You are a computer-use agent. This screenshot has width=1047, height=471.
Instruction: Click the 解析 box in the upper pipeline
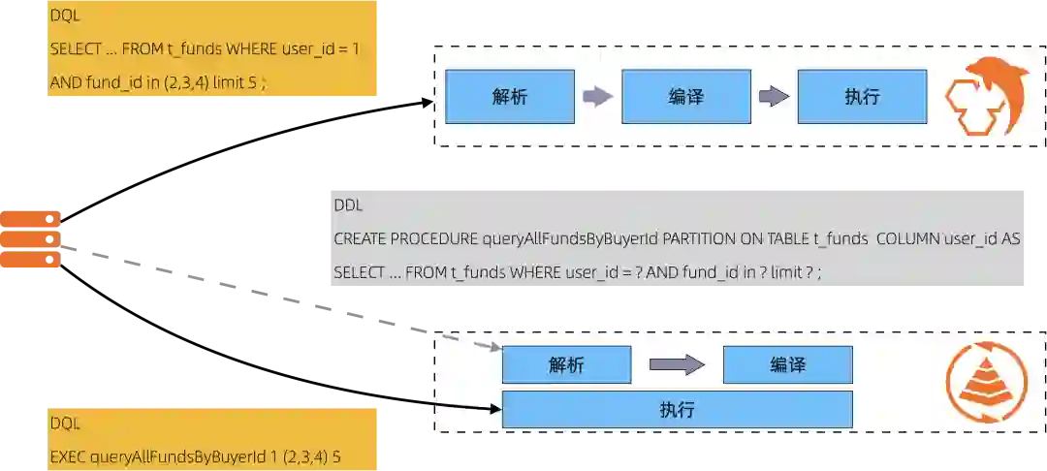click(x=510, y=96)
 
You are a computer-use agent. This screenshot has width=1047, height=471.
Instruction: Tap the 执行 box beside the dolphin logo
click(x=862, y=96)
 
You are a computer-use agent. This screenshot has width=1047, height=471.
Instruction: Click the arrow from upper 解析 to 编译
click(x=597, y=96)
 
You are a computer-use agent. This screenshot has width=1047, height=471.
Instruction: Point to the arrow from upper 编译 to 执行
click(x=774, y=96)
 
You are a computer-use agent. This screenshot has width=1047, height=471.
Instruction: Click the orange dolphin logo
click(x=986, y=95)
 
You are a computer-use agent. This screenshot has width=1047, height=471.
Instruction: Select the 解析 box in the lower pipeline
click(x=566, y=364)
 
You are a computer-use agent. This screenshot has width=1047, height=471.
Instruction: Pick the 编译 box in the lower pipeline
click(x=787, y=364)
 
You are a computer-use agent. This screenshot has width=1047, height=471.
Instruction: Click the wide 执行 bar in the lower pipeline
click(x=677, y=409)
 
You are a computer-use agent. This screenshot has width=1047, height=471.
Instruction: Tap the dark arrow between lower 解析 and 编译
click(x=677, y=364)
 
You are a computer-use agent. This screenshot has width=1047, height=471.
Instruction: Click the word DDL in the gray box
click(x=349, y=205)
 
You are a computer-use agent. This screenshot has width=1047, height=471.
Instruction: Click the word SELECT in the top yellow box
click(x=74, y=47)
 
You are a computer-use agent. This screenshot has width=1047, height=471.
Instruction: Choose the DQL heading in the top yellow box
click(x=65, y=16)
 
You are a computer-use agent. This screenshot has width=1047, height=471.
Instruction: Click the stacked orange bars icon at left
click(x=31, y=239)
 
